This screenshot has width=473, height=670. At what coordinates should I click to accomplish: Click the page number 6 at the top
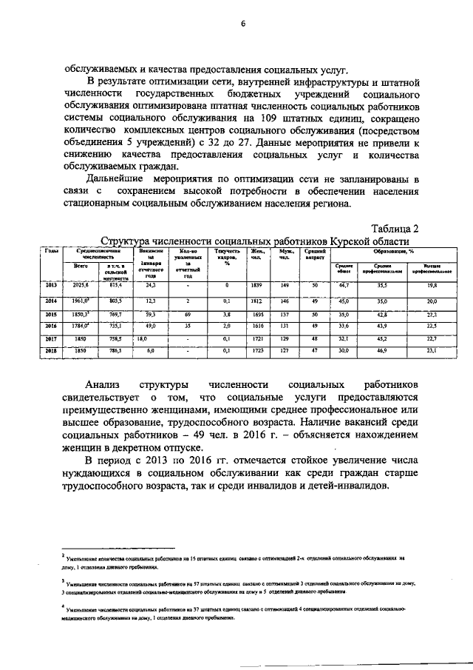point(242,24)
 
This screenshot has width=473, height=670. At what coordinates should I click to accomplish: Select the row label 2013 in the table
point(51,284)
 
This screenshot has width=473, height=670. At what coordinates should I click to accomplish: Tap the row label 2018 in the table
point(51,350)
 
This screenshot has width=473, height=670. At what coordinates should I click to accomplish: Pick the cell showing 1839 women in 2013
point(256,284)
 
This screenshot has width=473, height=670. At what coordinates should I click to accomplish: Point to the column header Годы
point(51,252)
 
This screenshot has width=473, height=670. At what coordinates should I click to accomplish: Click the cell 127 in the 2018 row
point(284,350)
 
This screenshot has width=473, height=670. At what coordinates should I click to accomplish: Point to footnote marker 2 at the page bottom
point(64,552)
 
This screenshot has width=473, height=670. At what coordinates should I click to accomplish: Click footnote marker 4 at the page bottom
point(64,607)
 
